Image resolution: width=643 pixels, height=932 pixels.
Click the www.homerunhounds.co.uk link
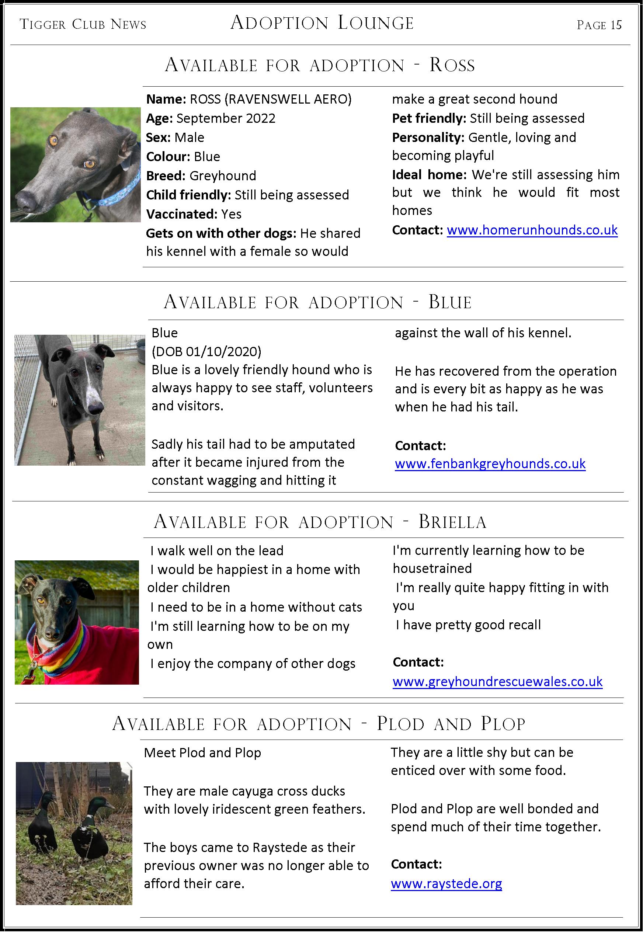pos(532,230)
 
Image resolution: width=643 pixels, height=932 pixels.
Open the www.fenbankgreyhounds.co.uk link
pos(490,464)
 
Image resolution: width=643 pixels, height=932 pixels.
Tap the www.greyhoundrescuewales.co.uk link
pos(497,682)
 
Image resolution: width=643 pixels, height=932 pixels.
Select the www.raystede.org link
pos(446,884)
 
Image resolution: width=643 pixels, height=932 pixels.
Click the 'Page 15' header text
pos(599,25)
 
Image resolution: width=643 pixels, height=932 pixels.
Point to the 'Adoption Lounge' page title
pos(322,23)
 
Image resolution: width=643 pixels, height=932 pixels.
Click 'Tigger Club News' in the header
pos(83,25)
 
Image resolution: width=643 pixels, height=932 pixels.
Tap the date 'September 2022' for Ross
pos(226,118)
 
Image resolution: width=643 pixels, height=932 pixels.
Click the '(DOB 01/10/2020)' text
pos(206,352)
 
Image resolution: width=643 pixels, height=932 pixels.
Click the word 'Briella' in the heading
pos(452,522)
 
